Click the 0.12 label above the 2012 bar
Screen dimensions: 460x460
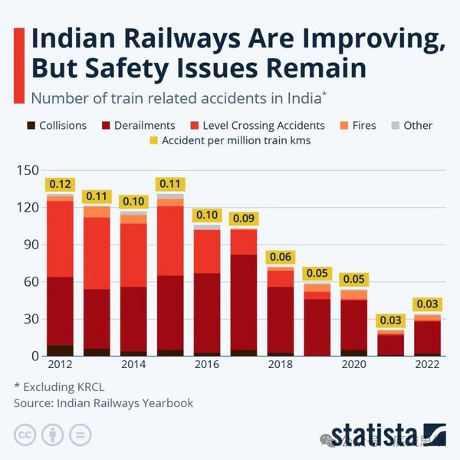point(60,184)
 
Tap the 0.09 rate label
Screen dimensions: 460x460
point(243,219)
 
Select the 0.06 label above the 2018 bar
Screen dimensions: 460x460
point(280,257)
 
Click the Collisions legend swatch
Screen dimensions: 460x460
point(31,125)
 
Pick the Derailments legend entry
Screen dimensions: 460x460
point(138,125)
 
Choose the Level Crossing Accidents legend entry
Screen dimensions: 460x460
point(256,125)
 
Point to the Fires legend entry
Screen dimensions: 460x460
point(358,125)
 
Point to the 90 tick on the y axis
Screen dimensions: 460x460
point(30,245)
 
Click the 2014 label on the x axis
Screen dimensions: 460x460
point(133,365)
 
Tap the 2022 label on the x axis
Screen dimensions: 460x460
point(426,365)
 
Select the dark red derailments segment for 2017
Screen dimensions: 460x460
point(243,303)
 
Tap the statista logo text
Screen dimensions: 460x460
point(376,435)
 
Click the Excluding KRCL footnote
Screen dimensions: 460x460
point(54,386)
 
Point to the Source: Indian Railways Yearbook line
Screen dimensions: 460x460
point(103,402)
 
